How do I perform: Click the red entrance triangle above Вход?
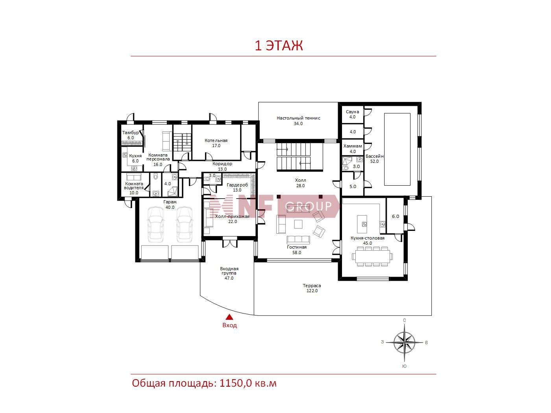[x=229, y=317]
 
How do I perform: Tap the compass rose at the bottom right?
[x=404, y=343]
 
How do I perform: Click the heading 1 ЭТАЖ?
[x=279, y=46]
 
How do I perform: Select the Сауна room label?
[x=352, y=112]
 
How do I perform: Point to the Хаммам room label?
[x=353, y=146]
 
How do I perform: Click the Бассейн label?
[x=375, y=156]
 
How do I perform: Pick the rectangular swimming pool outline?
[x=397, y=149]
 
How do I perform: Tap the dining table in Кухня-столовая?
[x=373, y=256]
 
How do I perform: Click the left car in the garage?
[x=155, y=225]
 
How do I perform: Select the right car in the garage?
[x=185, y=225]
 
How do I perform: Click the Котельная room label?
[x=216, y=140]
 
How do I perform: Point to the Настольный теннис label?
[x=298, y=118]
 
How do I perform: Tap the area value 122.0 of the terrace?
[x=312, y=291]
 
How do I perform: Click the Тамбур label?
[x=130, y=133]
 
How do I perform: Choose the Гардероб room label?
[x=237, y=185]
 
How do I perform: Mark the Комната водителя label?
[x=134, y=186]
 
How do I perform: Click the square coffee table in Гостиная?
[x=298, y=224]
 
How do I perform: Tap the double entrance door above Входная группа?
[x=229, y=242]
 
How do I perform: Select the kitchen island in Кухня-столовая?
[x=362, y=224]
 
